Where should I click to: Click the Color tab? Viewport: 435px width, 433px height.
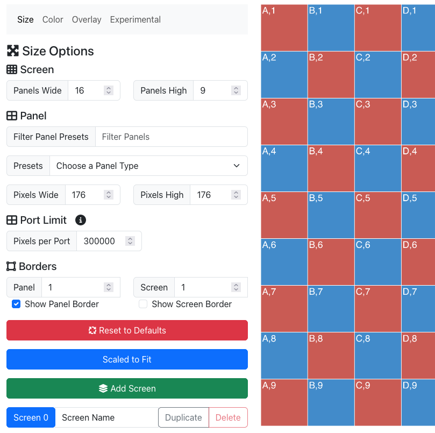(x=53, y=19)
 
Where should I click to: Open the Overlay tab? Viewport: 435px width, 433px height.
(x=87, y=19)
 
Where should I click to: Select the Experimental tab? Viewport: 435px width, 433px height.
(x=135, y=19)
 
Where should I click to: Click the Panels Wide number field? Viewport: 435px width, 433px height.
(x=86, y=90)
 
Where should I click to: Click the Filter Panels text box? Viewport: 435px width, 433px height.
(x=171, y=137)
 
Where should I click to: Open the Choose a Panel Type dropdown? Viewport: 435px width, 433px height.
(x=148, y=166)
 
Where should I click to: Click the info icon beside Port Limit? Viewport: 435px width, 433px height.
(x=81, y=220)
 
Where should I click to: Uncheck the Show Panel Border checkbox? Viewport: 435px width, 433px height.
(x=17, y=304)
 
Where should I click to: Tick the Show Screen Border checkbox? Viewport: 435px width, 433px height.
(x=143, y=304)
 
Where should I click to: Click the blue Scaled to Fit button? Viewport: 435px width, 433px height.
(x=127, y=359)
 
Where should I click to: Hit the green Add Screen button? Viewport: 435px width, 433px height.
(x=127, y=388)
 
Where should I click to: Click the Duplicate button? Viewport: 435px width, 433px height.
(x=183, y=417)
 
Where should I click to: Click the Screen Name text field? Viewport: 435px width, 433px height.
(x=106, y=417)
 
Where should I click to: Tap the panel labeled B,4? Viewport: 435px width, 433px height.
(x=331, y=168)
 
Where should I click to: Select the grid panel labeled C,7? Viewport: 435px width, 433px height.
(x=377, y=309)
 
